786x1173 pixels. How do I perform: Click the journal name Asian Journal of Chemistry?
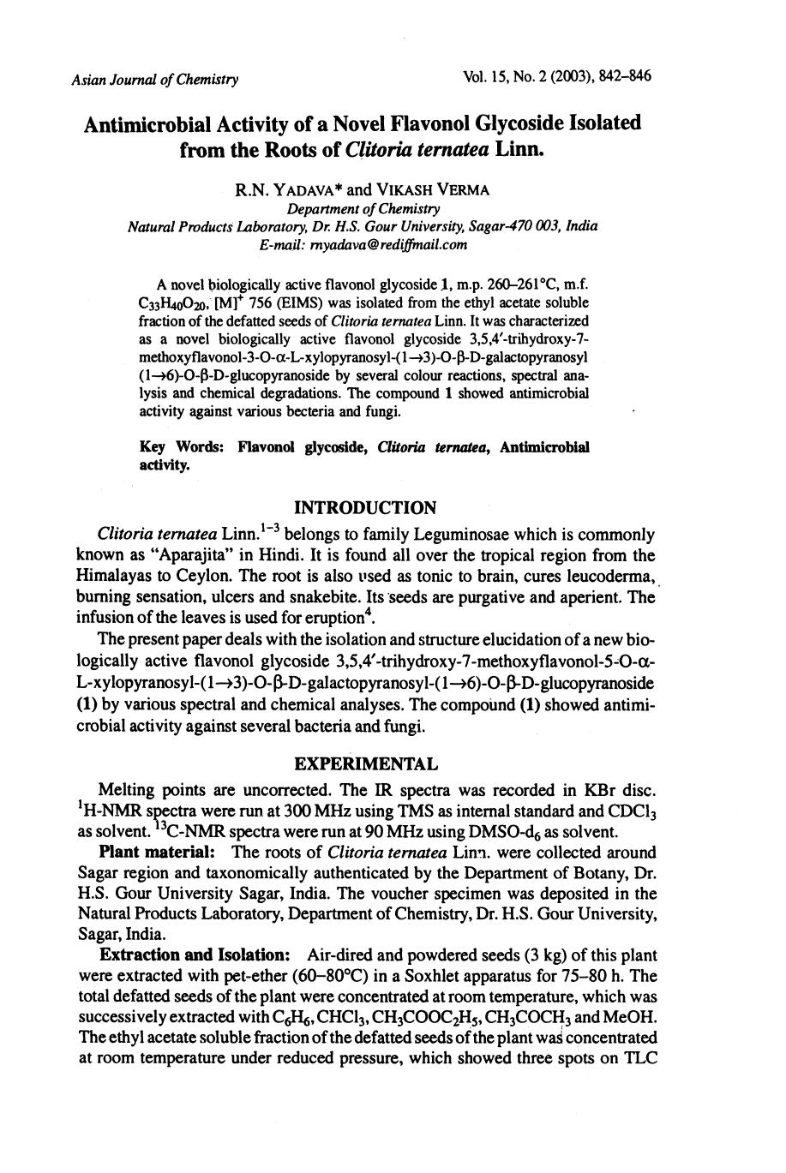[154, 80]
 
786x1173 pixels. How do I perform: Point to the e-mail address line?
[363, 244]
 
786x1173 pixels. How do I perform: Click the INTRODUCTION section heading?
[365, 507]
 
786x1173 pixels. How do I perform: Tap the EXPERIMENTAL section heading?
[366, 763]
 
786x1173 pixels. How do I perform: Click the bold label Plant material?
[150, 853]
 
